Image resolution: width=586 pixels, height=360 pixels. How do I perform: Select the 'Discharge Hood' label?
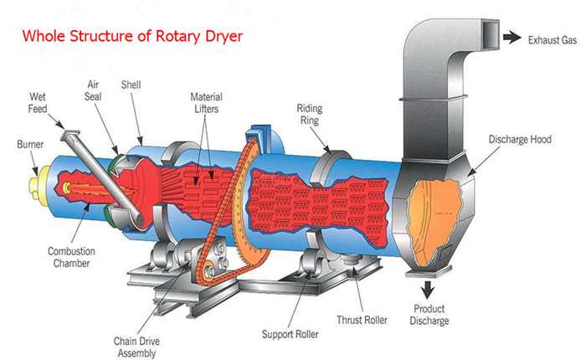coord(519,140)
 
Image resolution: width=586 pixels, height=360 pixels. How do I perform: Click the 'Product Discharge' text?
coord(431,316)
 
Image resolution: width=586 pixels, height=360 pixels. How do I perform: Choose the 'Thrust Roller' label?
coord(362,319)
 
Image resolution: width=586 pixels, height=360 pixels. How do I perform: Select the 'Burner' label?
coord(30,144)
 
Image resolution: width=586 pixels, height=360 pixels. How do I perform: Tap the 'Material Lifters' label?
coord(206,103)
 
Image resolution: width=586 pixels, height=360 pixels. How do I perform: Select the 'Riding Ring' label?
coord(311,115)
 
